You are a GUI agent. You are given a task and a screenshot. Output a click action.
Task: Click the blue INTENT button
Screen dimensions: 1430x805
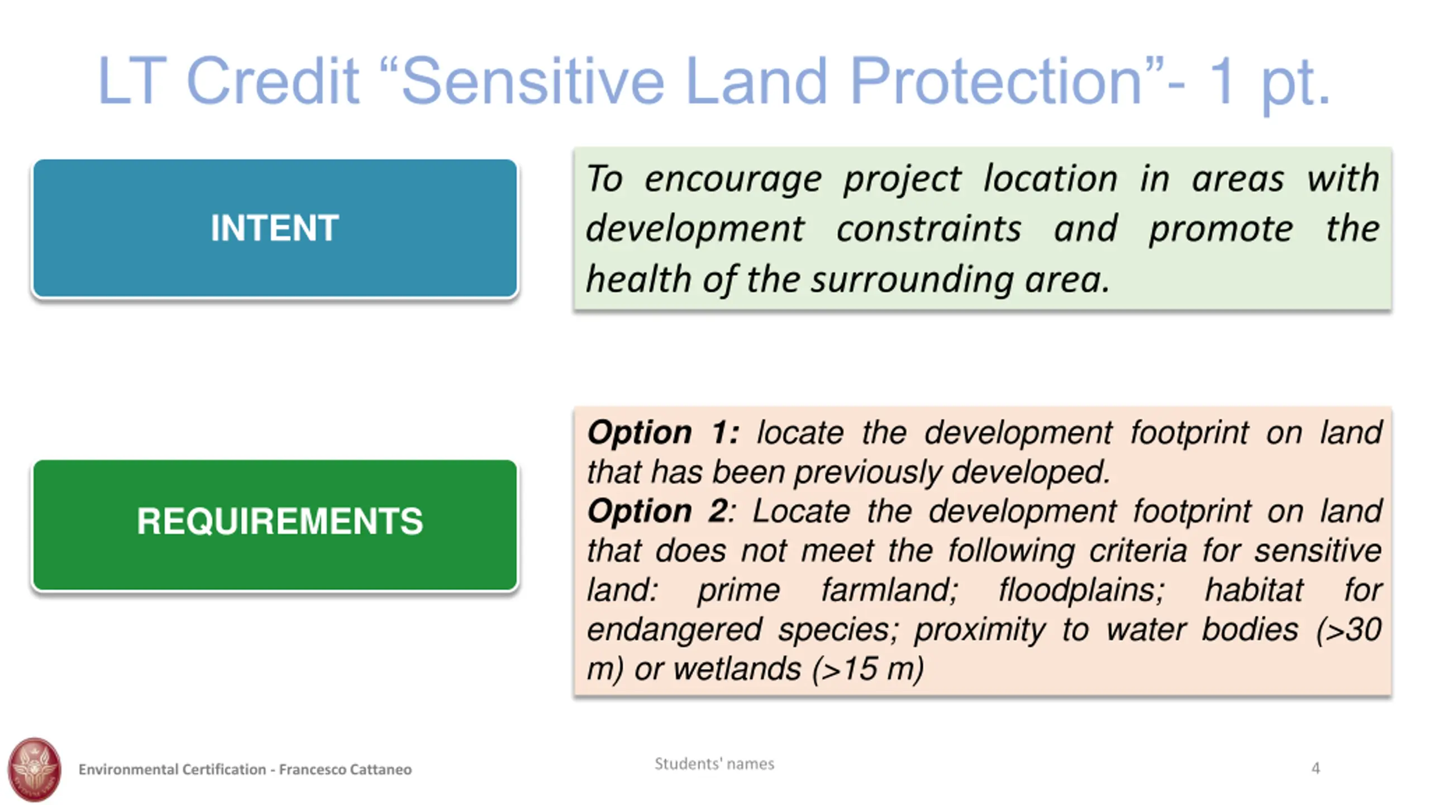tap(275, 228)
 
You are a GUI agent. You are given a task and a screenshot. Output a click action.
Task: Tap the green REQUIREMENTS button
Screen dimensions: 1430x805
tap(275, 525)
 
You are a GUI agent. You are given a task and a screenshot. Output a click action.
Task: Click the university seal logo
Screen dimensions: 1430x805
tap(34, 769)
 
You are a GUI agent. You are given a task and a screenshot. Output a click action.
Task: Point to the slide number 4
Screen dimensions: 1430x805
tap(1315, 768)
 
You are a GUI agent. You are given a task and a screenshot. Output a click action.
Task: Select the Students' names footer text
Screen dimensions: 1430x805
tap(714, 764)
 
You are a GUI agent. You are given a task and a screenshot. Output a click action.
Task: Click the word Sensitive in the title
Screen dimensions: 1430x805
tap(532, 81)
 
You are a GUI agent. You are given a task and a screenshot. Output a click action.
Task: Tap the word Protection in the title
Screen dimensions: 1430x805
tap(997, 81)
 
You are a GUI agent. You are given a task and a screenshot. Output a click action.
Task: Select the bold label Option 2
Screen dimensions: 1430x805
tap(657, 511)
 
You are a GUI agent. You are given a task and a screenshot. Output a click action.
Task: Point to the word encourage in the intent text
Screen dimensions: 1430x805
tap(733, 180)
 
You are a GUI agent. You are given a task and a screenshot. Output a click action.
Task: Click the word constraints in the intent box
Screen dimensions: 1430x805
tap(928, 229)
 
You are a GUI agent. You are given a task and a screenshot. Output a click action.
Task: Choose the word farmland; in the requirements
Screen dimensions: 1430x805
tap(890, 590)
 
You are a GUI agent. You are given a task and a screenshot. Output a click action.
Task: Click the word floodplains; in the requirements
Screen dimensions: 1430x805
tap(1081, 591)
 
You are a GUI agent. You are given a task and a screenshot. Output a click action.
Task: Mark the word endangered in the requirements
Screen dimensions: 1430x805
tap(674, 630)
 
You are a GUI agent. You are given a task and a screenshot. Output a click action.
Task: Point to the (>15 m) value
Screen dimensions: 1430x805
tap(869, 669)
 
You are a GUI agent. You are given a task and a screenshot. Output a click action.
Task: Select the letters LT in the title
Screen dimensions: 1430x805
tap(132, 81)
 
